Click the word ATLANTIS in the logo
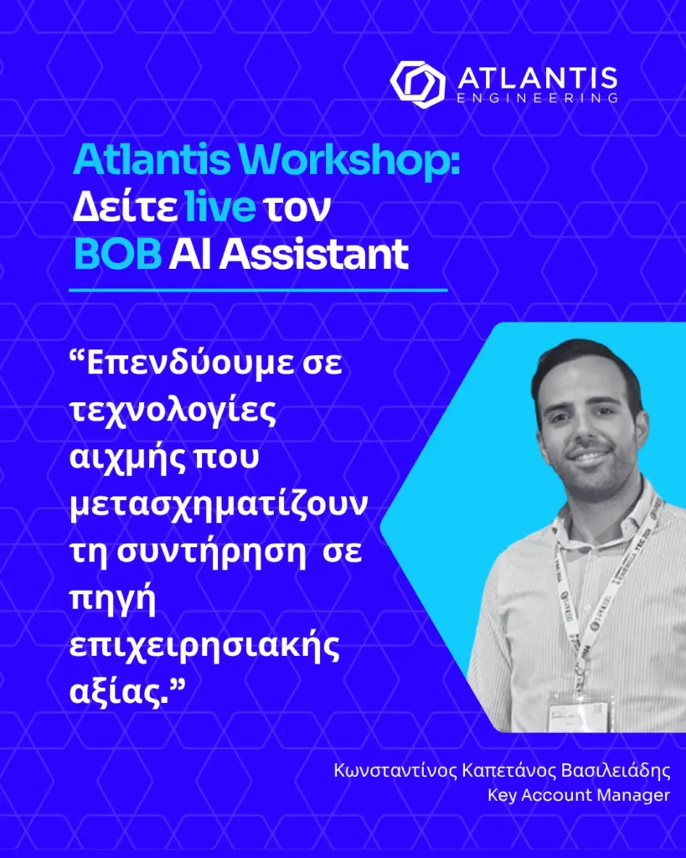pos(538,78)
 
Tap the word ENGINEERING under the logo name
pos(538,98)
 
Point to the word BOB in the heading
pos(117,253)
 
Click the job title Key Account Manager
pos(578,795)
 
